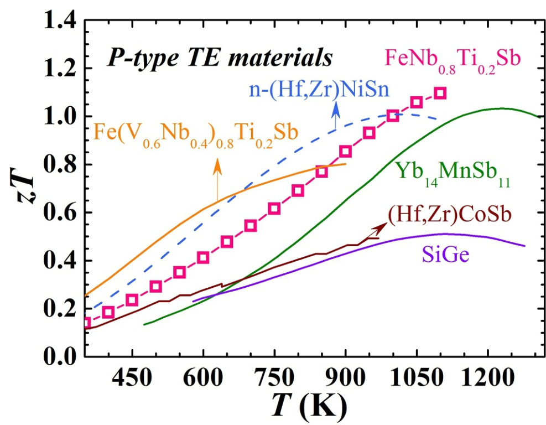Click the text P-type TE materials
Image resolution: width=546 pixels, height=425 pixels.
220,56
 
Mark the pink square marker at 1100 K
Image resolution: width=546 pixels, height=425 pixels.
440,93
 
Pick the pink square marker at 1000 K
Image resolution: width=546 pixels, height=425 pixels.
393,116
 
